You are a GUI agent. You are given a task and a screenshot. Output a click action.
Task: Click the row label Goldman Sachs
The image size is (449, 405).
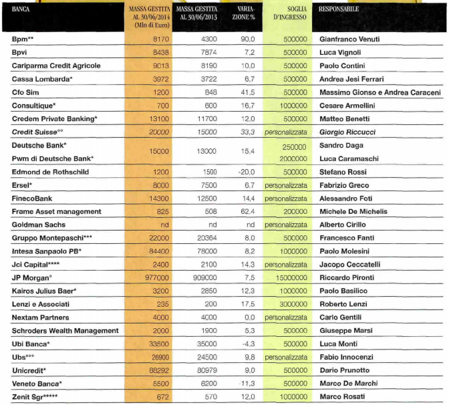39,225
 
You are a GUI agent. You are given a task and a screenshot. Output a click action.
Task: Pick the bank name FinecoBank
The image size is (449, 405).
33,198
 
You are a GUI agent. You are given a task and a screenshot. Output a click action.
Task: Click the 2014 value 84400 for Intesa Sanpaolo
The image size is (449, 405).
157,251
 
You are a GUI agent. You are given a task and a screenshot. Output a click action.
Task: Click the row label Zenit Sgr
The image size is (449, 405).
40,396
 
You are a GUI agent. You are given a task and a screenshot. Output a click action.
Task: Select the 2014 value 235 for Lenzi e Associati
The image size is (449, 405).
160,303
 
